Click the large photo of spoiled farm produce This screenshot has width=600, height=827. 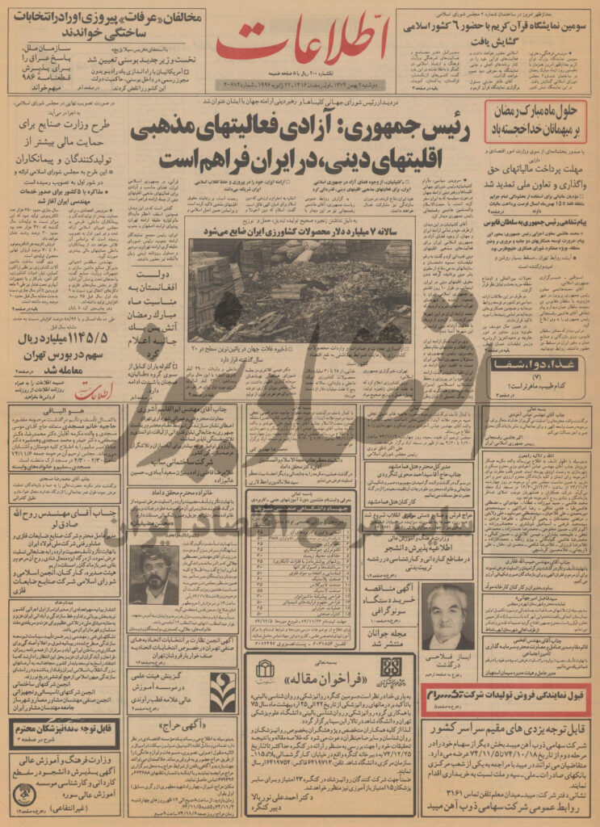(300, 280)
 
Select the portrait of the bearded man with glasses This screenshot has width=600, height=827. (153, 574)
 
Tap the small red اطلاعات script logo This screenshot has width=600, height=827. (98, 393)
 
